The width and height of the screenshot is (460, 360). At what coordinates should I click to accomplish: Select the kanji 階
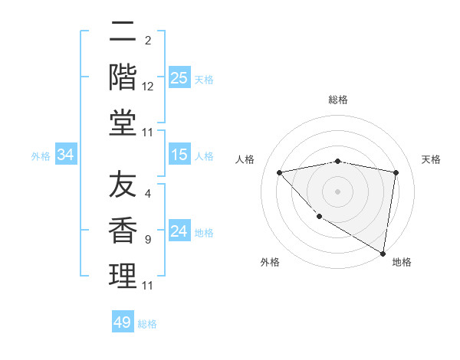pos(123,77)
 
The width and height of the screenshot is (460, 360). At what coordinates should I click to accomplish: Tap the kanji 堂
pos(123,122)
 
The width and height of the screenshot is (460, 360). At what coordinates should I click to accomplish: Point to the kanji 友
pos(123,184)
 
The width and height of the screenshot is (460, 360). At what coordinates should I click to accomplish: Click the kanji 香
pos(123,230)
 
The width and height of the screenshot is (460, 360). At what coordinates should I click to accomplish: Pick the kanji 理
pos(123,276)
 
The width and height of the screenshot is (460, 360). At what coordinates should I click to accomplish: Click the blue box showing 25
pos(179,77)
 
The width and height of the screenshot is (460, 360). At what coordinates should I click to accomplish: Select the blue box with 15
pos(179,155)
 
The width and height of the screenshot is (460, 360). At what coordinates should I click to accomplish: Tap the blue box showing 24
pos(179,231)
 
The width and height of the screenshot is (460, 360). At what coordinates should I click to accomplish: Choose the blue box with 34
pos(66,155)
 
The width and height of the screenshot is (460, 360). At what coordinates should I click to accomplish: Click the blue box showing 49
pos(123,322)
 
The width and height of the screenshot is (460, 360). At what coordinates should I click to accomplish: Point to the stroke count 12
pos(148,87)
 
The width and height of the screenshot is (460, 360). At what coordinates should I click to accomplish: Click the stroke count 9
pos(148,240)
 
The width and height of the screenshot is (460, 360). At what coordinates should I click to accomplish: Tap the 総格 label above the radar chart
pos(338,100)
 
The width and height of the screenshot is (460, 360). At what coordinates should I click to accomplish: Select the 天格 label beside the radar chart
pos(431,159)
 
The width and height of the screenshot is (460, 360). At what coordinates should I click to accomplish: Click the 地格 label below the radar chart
pos(402,262)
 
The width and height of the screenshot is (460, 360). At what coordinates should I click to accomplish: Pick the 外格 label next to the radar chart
pos(270,262)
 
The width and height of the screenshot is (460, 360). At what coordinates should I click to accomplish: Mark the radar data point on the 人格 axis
pos(280,172)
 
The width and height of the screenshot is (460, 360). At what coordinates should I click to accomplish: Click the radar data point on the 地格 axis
pos(383,253)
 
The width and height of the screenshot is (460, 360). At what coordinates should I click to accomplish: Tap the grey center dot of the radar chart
pos(338,191)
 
